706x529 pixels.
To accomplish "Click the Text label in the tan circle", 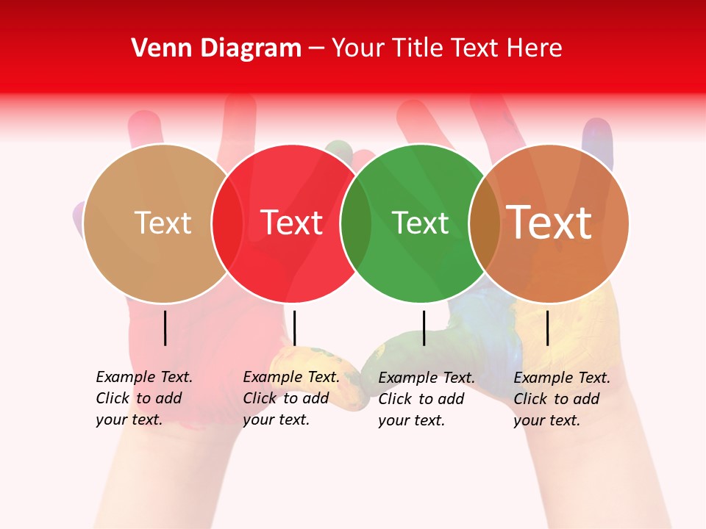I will (x=163, y=223).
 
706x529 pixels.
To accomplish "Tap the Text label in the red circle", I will (x=291, y=223).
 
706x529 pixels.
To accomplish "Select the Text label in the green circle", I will (x=420, y=223).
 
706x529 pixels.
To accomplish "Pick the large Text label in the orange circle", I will (x=549, y=223).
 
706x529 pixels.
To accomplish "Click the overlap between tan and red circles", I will (x=227, y=223).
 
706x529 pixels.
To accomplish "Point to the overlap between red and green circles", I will (x=356, y=223).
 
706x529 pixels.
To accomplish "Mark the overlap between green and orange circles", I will (x=485, y=223).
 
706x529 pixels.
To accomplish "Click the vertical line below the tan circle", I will (x=165, y=328).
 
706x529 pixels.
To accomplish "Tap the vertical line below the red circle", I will (x=294, y=328).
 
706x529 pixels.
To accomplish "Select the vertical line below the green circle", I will (x=424, y=328).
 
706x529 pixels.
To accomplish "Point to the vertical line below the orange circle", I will (x=547, y=328).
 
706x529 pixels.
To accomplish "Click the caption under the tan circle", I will (x=144, y=398).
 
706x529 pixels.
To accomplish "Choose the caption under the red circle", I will (x=291, y=398).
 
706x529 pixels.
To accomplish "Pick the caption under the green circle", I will (x=427, y=399).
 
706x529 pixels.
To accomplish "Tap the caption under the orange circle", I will (x=562, y=399).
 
